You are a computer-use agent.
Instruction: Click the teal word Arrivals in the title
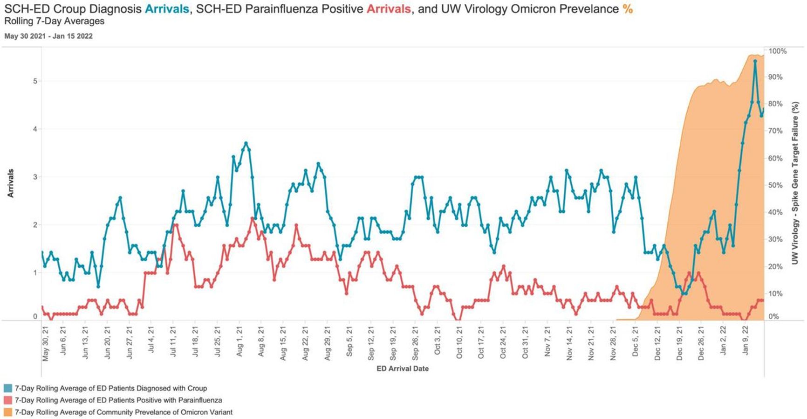[167, 9]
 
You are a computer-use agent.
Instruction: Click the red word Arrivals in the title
[389, 9]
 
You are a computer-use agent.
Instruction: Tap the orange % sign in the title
[627, 9]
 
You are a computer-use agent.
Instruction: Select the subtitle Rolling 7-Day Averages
[54, 21]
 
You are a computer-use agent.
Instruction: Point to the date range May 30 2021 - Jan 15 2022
[48, 36]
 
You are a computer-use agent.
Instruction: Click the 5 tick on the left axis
[34, 81]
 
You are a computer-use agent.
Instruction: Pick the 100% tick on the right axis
[777, 51]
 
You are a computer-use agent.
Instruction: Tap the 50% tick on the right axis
[775, 185]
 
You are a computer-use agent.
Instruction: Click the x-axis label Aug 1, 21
[239, 344]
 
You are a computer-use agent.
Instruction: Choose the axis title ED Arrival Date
[403, 369]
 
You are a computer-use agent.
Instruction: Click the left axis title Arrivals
[11, 183]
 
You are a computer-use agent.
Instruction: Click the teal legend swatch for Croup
[8, 388]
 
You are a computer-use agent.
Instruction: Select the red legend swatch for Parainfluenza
[8, 400]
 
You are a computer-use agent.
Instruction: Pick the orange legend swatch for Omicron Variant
[8, 412]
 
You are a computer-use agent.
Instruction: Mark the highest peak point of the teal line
[755, 61]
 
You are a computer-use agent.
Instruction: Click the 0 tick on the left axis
[35, 316]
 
